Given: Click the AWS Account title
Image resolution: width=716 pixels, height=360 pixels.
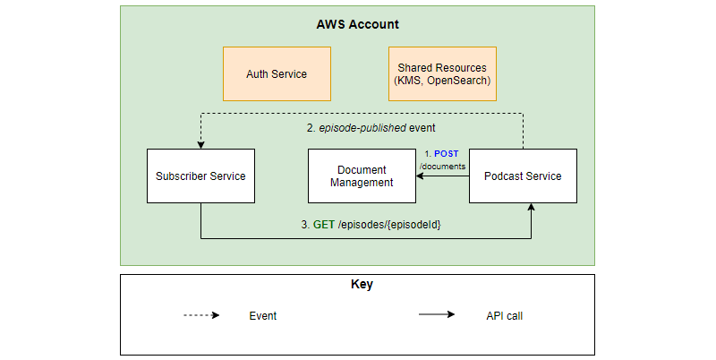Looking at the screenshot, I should tap(357, 24).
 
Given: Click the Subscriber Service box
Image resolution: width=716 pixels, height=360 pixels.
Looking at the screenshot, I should tap(200, 176).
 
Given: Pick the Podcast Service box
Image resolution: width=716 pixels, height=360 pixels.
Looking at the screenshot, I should tap(523, 176).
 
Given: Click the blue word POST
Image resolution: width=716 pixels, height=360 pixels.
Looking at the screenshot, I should tap(446, 154).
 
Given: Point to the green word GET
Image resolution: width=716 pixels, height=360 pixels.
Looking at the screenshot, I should tap(324, 224).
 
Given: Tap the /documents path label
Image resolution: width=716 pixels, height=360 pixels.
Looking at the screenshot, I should tap(442, 166).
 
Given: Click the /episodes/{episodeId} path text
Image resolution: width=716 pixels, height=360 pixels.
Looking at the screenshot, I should tap(390, 224).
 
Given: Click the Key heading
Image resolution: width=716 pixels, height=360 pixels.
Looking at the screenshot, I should tap(357, 285).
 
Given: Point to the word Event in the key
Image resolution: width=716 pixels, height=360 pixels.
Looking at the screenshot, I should tap(263, 315).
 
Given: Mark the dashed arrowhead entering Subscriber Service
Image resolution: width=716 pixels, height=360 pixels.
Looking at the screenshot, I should tap(200, 144).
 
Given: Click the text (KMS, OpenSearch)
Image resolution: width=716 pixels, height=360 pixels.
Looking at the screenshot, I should tap(441, 81).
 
